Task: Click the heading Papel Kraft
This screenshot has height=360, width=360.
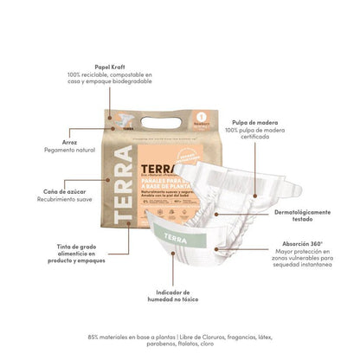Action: [100, 65]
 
